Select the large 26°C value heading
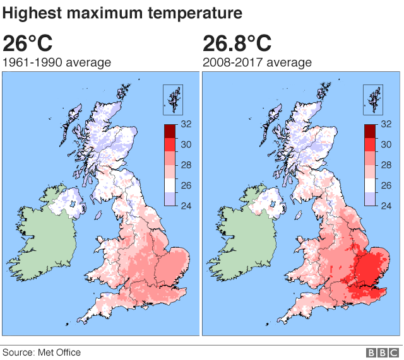coord(28,44)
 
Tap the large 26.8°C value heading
coord(237,44)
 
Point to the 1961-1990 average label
coord(57,62)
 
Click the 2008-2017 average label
coord(257,62)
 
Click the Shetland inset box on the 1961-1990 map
coord(172,99)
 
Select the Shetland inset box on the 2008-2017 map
coord(372,99)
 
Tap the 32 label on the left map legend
coord(186,124)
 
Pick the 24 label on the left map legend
coord(186,205)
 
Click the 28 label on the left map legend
coord(186,165)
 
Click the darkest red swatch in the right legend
coord(371,131)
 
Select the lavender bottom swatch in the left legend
coord(170,198)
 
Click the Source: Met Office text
coord(42,352)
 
